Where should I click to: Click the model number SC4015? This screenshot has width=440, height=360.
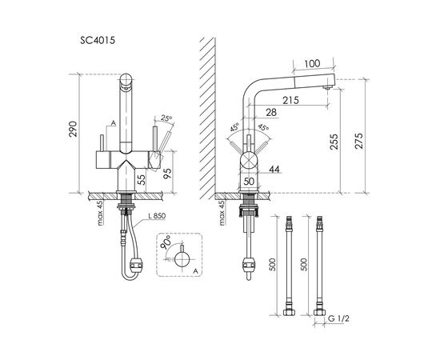[x=98, y=41]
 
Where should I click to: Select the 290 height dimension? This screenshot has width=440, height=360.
[x=73, y=129]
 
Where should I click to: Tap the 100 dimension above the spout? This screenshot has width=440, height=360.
[x=312, y=63]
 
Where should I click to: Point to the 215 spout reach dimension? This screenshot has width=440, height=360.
[x=290, y=100]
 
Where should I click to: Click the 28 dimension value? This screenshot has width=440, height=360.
[x=271, y=113]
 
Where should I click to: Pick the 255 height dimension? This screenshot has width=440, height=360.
[x=334, y=142]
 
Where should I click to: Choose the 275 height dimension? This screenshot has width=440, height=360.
[x=359, y=141]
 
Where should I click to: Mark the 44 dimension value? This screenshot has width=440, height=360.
[x=274, y=169]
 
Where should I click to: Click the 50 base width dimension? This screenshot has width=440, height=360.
[x=249, y=182]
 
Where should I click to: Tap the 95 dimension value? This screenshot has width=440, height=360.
[x=167, y=172]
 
